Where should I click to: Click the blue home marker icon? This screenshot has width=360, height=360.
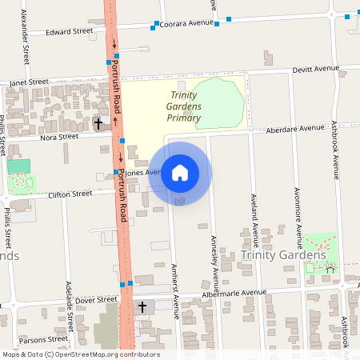click(179, 172)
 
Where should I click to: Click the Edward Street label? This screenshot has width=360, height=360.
click(70, 32)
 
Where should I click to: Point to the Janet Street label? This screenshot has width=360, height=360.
click(30, 82)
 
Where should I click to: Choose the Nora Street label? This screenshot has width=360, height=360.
click(59, 137)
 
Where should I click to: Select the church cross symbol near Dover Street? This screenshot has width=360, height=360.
click(143, 307)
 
